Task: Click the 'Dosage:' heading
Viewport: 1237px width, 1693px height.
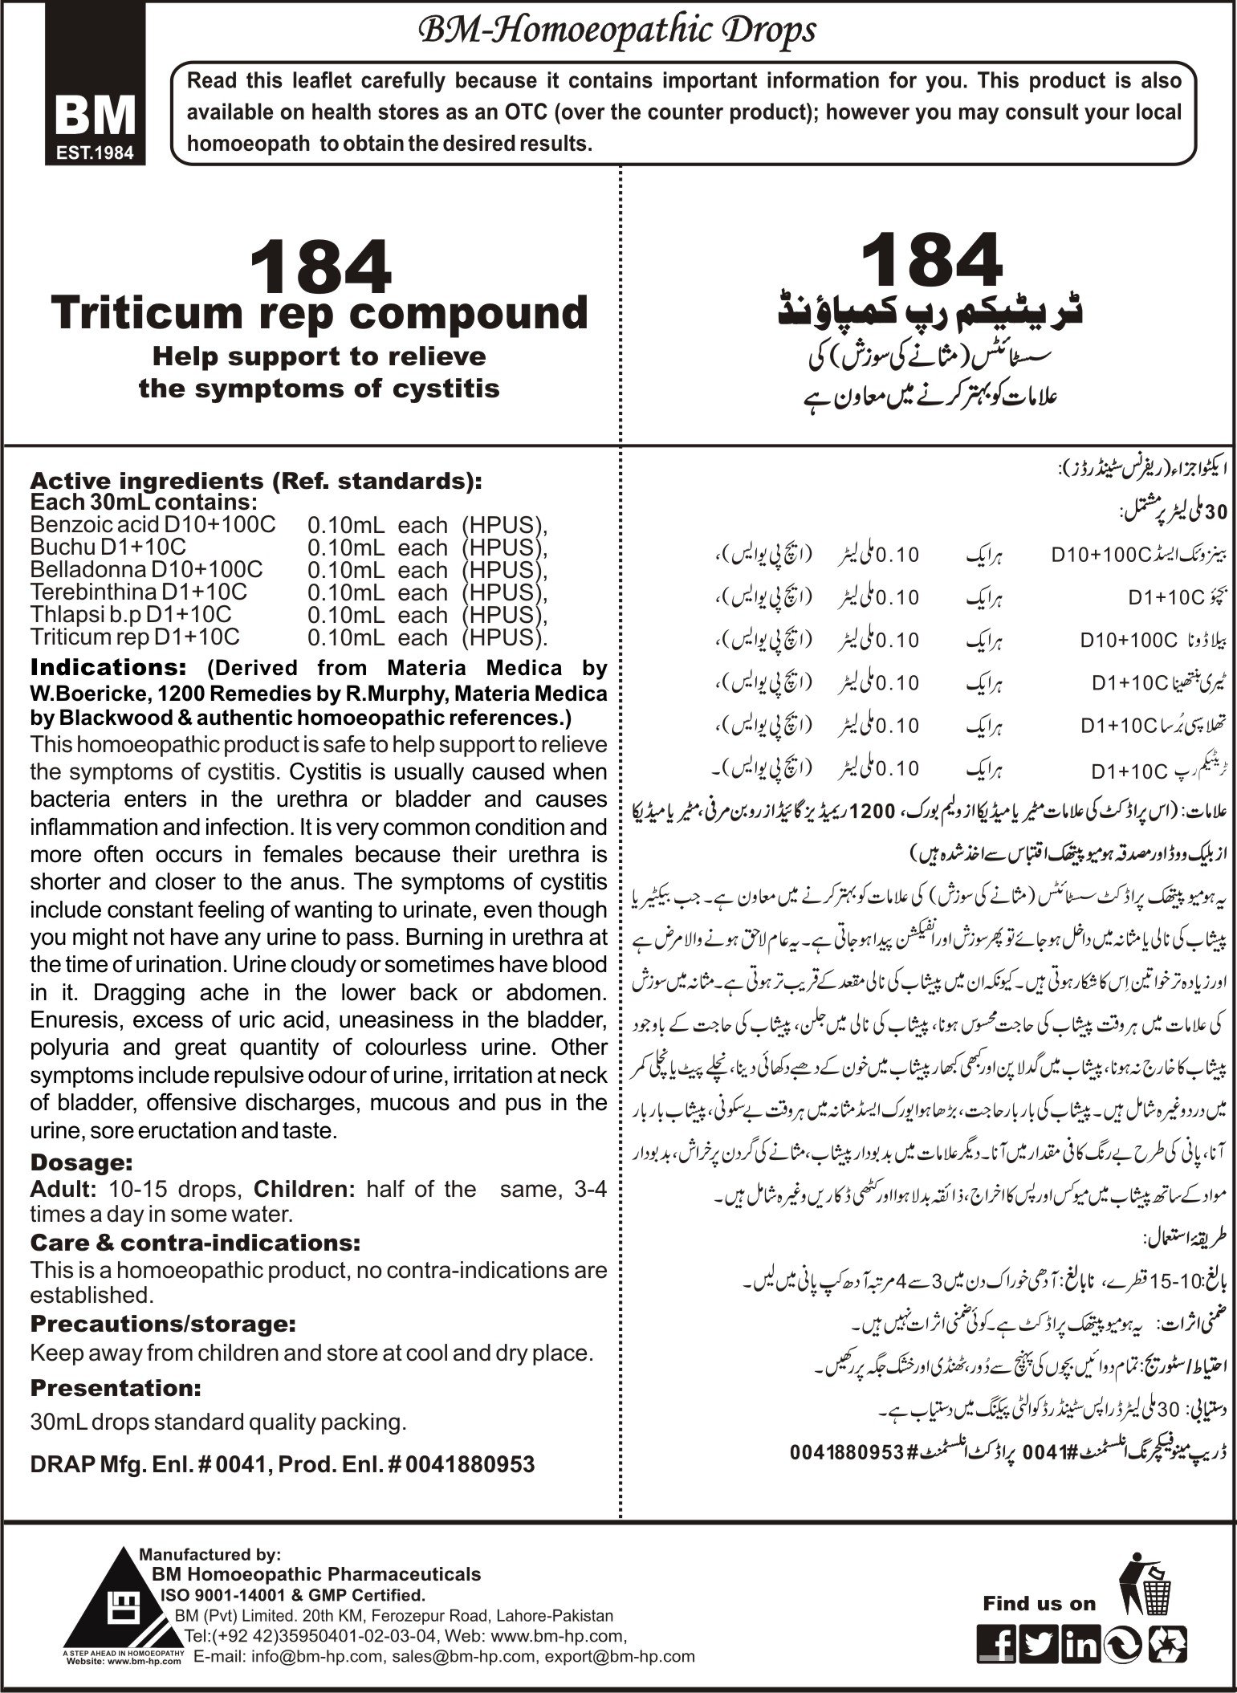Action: coord(81,1162)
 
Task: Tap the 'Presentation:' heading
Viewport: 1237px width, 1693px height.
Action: coord(115,1387)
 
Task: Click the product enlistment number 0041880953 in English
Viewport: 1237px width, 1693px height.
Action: coord(471,1464)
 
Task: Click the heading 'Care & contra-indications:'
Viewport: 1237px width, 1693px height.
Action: coord(195,1243)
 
